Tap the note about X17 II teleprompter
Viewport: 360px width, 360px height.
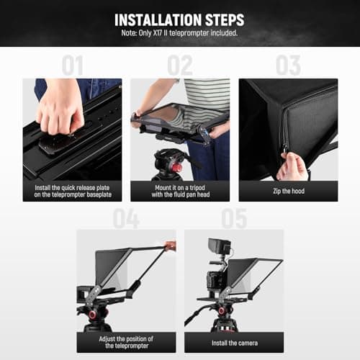179,34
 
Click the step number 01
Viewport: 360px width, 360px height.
72,66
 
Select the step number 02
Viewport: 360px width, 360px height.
179,66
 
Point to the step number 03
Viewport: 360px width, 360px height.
288,66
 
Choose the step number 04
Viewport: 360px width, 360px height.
126,217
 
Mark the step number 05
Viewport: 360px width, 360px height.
234,217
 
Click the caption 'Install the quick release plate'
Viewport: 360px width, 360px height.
72,191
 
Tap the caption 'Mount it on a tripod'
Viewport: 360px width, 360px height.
180,191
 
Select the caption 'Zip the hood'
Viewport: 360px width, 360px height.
288,191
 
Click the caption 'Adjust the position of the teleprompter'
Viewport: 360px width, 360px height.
126,342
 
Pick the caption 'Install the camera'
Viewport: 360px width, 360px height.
234,342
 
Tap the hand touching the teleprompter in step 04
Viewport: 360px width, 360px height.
171,246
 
